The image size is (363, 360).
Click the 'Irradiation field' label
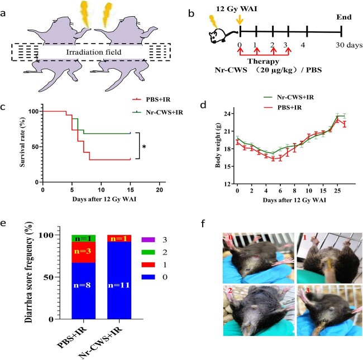[94, 52]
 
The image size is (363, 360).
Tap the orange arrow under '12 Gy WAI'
[240, 20]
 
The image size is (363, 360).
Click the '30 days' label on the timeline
[349, 45]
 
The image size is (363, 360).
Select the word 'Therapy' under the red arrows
[263, 61]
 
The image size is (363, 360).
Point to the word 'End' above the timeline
[344, 17]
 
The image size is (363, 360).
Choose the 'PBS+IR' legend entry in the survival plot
[151, 99]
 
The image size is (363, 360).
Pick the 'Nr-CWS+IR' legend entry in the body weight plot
[289, 97]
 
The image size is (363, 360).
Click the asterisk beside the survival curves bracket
[144, 147]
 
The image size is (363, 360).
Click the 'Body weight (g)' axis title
[218, 145]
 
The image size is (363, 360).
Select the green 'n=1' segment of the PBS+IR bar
[84, 238]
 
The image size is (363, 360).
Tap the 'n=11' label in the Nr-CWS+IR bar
[119, 285]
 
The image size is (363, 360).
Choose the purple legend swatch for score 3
[148, 239]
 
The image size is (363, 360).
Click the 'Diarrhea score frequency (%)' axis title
[28, 272]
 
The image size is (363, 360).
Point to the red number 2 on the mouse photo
[230, 291]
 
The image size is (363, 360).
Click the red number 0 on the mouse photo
[230, 237]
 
